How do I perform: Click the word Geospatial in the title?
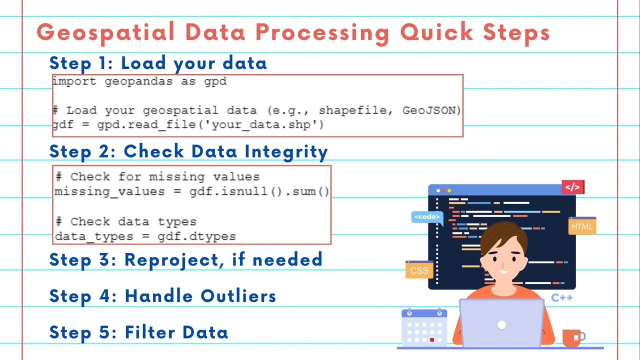point(105,33)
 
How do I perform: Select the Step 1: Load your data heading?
point(158,63)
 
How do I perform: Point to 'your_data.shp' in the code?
point(264,124)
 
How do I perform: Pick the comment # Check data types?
point(125,221)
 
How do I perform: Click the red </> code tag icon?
point(572,187)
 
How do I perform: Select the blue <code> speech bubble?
point(427,217)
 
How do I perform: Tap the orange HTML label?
point(581,226)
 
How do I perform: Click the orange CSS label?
point(418,270)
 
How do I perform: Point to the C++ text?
point(561,298)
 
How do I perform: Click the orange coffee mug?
point(572,338)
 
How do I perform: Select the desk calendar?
point(424,327)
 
